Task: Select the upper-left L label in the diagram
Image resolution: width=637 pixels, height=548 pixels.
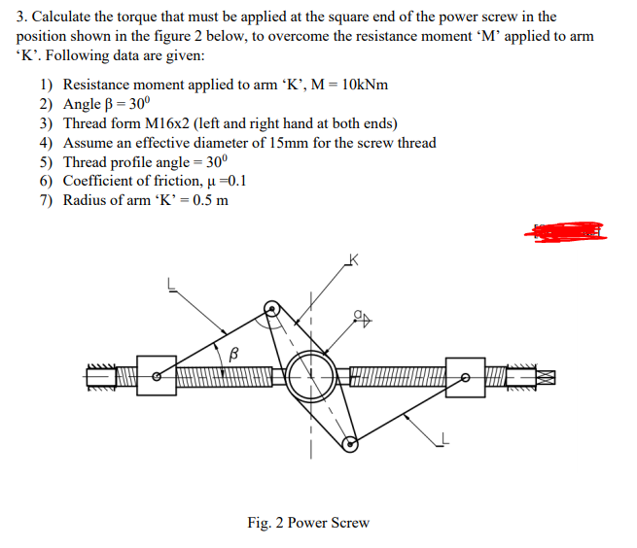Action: (173, 285)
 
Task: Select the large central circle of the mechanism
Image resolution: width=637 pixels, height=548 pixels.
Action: (313, 373)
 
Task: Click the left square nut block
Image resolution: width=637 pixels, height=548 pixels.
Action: (157, 374)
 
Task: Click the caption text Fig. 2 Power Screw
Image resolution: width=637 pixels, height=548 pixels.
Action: (308, 523)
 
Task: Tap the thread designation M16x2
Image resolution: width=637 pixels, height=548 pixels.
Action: (175, 123)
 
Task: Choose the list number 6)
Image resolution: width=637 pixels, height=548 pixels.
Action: (47, 182)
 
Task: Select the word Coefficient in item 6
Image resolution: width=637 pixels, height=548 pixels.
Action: (103, 182)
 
